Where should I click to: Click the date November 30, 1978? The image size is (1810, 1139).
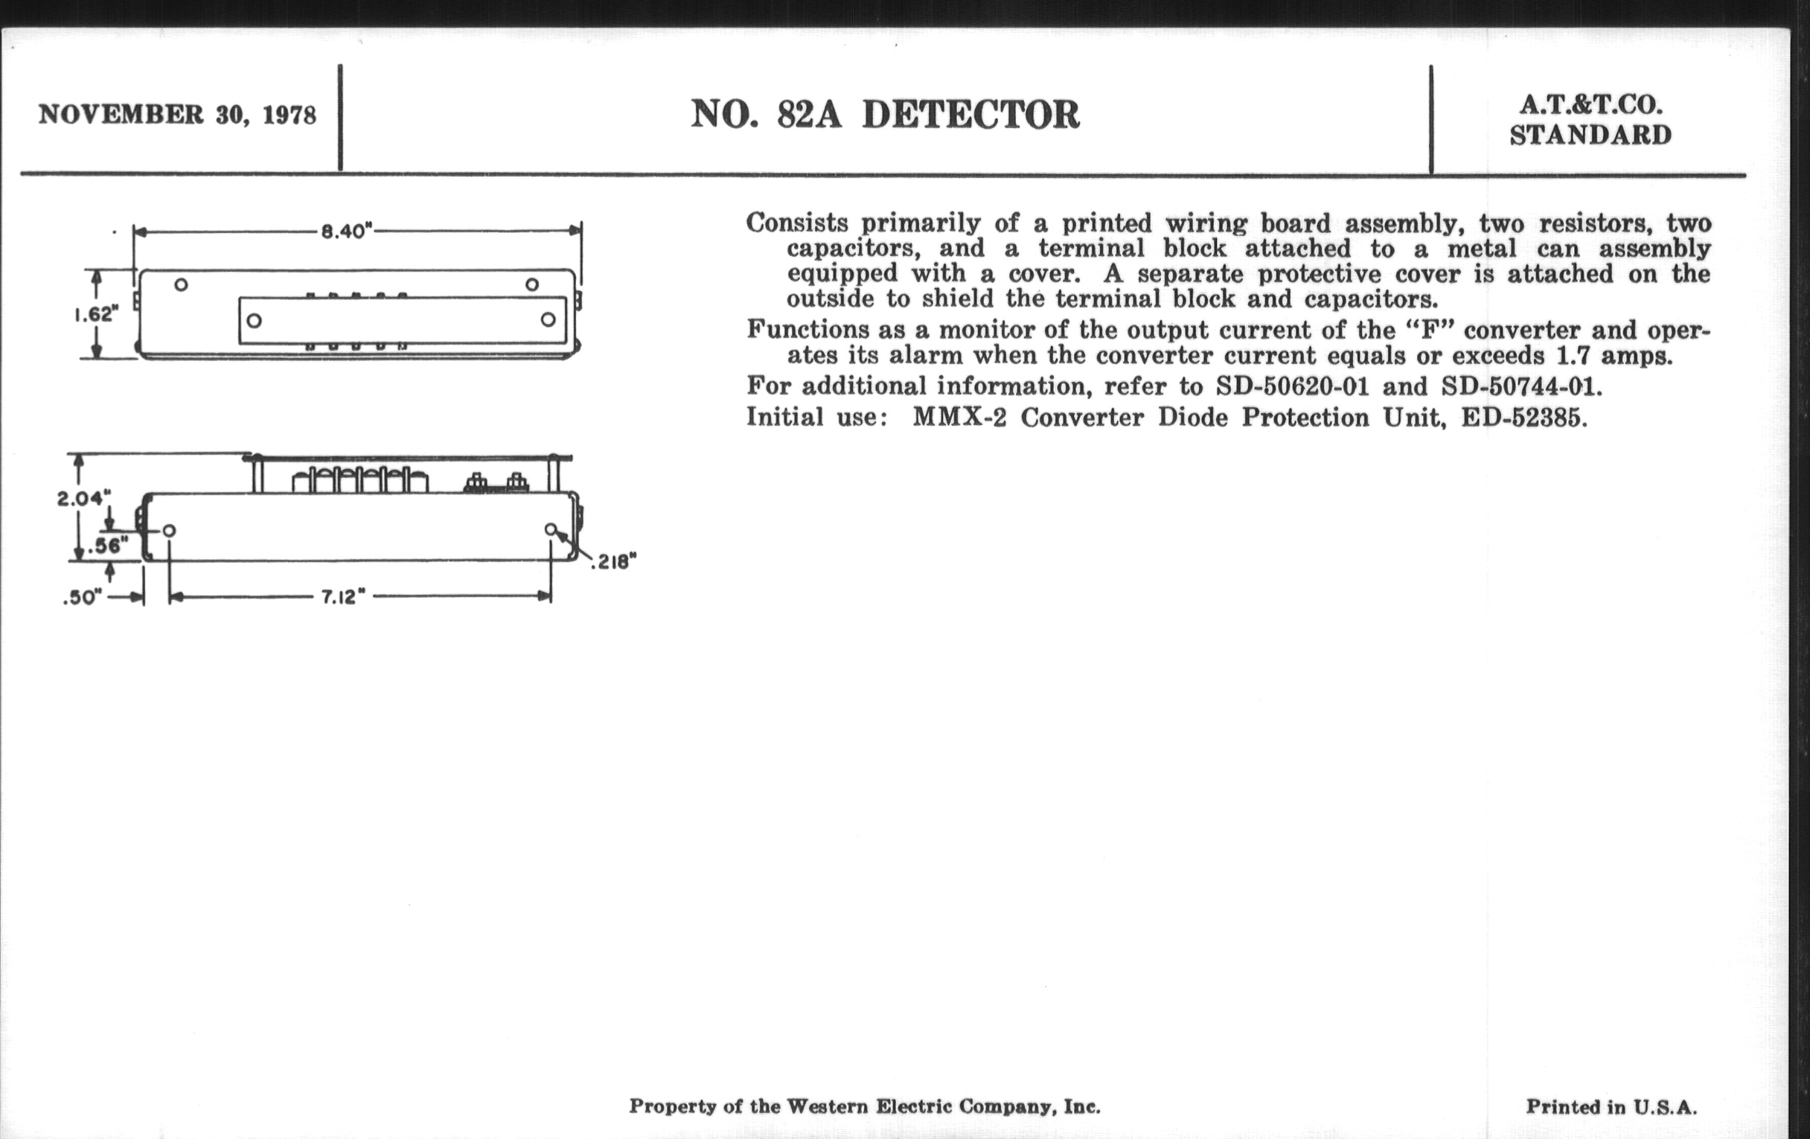pyautogui.click(x=177, y=115)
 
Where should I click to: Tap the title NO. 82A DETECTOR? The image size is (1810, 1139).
pyautogui.click(x=885, y=115)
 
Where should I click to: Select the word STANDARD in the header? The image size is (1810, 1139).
pyautogui.click(x=1590, y=135)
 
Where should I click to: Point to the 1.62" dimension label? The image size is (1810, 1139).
pyautogui.click(x=97, y=314)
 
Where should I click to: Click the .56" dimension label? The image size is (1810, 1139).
pyautogui.click(x=107, y=546)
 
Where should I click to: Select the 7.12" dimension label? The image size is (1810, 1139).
pyautogui.click(x=343, y=598)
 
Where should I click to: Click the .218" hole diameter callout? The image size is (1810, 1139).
pyautogui.click(x=613, y=562)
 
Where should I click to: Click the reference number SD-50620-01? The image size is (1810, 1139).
pyautogui.click(x=1292, y=386)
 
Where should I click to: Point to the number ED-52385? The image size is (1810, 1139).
pyautogui.click(x=1523, y=417)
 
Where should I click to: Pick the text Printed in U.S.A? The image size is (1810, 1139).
pyautogui.click(x=1611, y=1107)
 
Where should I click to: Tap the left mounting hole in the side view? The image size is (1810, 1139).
pyautogui.click(x=169, y=531)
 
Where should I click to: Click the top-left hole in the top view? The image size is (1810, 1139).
pyautogui.click(x=180, y=285)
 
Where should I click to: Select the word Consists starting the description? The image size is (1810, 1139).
pyautogui.click(x=797, y=223)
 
